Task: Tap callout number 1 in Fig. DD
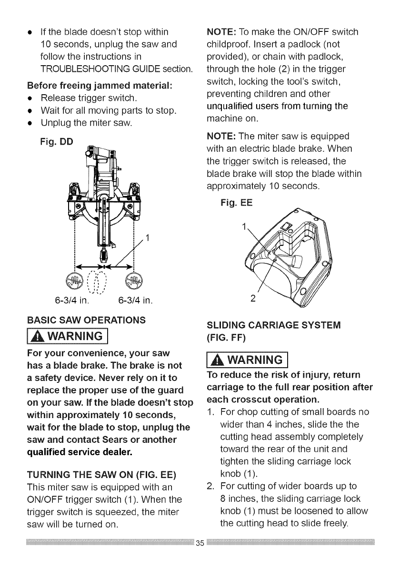[148, 238]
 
